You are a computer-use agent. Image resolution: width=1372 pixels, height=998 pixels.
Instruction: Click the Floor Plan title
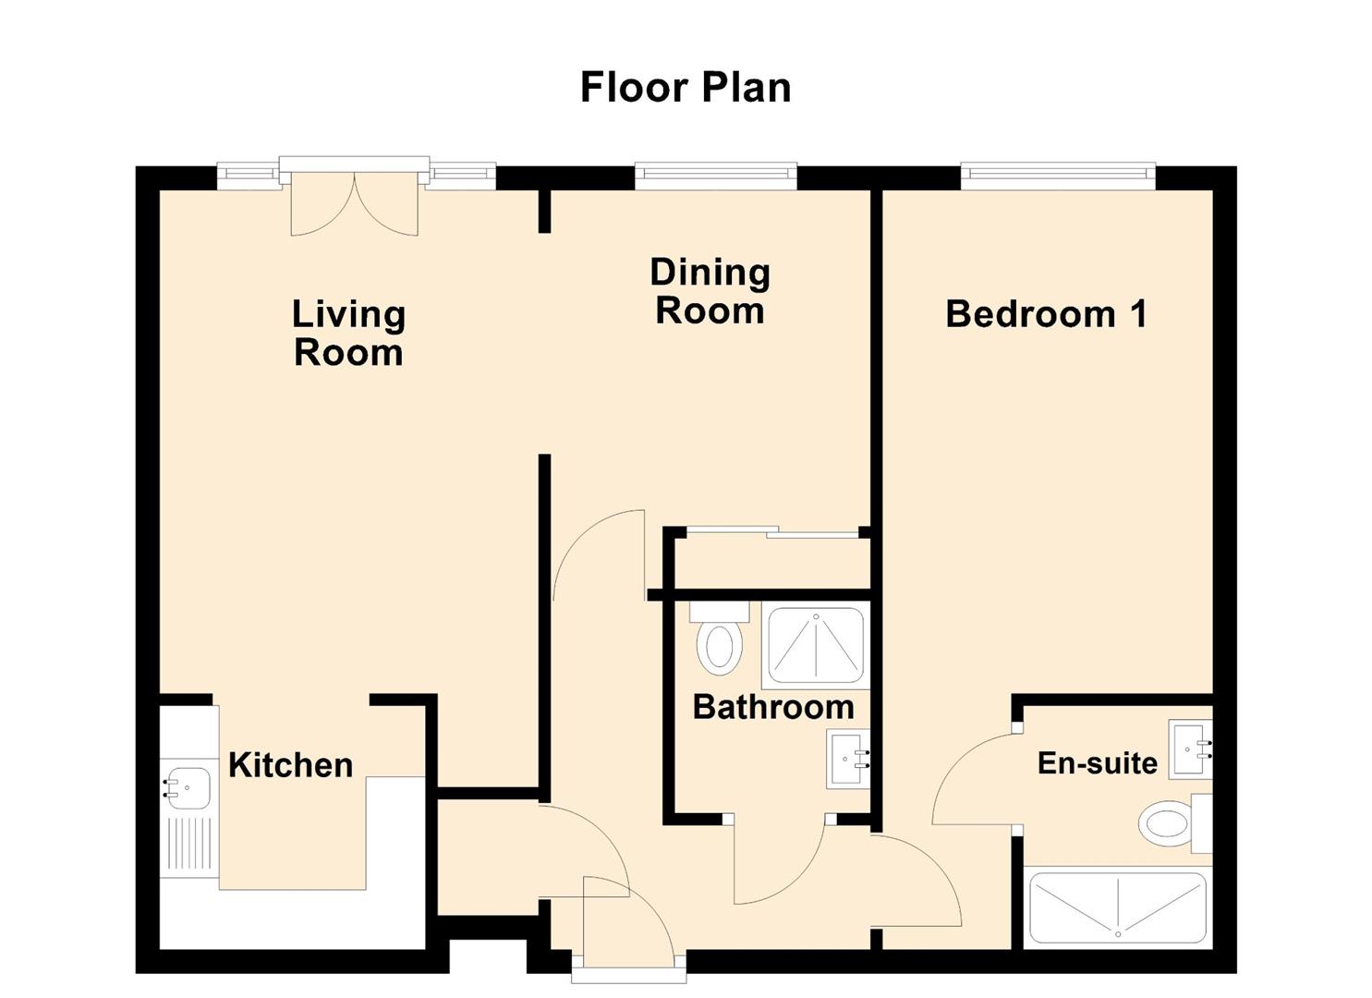[685, 88]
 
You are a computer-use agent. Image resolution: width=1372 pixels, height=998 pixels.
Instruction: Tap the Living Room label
[348, 334]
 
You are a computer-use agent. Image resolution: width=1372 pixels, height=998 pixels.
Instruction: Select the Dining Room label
[710, 291]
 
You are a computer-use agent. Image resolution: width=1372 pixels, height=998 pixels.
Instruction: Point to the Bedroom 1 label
[1046, 314]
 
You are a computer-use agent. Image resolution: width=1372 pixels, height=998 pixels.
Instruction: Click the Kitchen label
[290, 765]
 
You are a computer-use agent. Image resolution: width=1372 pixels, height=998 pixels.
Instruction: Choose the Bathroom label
[773, 707]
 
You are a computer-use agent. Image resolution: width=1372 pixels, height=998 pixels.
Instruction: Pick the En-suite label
[1097, 763]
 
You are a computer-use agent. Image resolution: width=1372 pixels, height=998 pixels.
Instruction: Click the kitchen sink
[187, 788]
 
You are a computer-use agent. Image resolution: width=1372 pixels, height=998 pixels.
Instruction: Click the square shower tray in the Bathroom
[817, 645]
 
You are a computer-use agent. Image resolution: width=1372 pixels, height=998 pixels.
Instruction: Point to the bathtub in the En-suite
[1117, 907]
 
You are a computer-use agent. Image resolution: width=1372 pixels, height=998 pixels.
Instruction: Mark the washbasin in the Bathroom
[848, 758]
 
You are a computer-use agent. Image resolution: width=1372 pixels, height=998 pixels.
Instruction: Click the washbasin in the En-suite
[1191, 748]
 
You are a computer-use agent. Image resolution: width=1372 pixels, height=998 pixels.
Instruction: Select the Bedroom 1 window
[1058, 176]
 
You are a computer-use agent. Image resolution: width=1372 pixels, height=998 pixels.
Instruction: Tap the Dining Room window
[716, 176]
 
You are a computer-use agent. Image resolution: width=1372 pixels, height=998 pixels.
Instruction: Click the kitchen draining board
[189, 846]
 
